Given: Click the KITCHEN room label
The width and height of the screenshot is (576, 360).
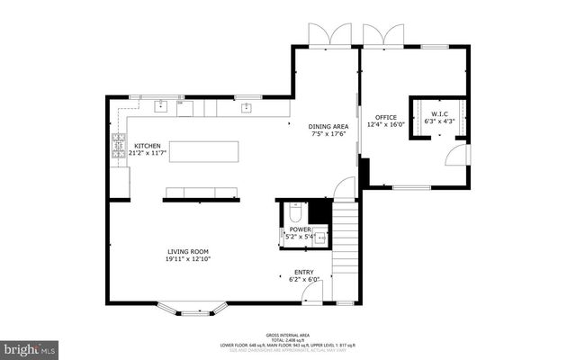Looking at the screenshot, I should coord(147,146).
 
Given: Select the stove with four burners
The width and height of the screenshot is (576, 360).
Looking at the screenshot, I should coord(117,147).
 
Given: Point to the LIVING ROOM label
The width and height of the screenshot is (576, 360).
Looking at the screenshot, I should coord(187,252).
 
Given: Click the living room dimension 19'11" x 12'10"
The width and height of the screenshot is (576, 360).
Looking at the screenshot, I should coord(187,260).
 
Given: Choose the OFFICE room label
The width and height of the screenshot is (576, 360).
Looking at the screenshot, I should coord(380,117).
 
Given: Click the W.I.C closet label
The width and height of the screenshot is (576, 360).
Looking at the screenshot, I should coord(439,114).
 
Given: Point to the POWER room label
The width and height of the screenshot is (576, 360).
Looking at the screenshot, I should coord(300,229).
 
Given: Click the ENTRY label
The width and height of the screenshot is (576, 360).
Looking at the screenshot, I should coord(304,272).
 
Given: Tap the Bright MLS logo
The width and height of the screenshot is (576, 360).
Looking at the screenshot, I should coord(30,346).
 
